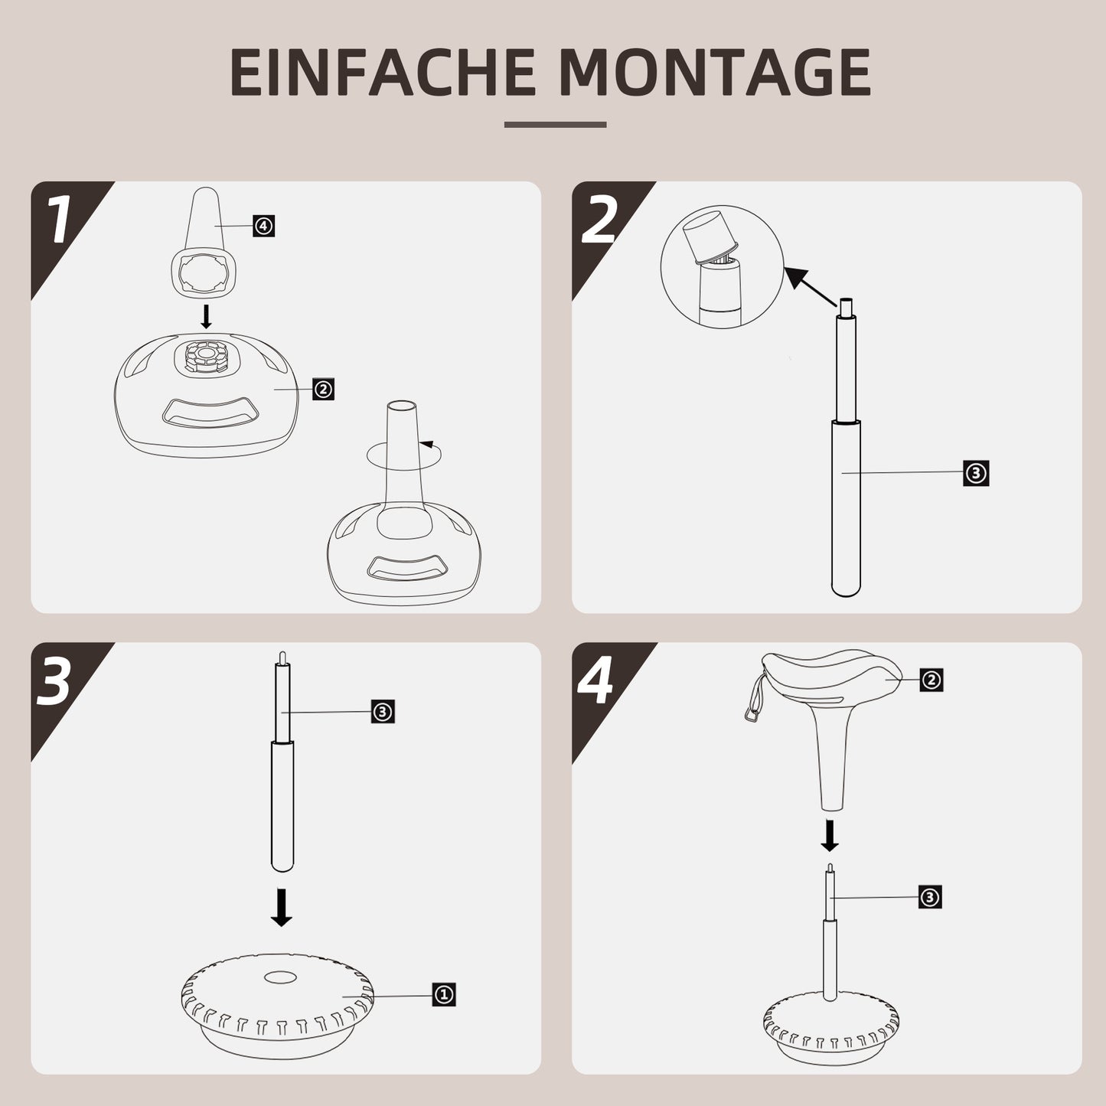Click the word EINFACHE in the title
[382, 73]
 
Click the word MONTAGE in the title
[715, 73]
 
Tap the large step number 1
[59, 221]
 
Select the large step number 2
[599, 221]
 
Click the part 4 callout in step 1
[263, 227]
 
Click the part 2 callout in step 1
[324, 389]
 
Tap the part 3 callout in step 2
[976, 474]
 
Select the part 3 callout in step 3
[383, 712]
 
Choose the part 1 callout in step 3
[444, 995]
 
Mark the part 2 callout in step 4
[931, 680]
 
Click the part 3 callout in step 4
[930, 897]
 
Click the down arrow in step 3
[282, 908]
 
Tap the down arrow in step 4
[830, 836]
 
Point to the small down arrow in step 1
[205, 316]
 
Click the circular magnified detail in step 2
[722, 267]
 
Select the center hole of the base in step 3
[280, 978]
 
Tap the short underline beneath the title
[555, 125]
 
